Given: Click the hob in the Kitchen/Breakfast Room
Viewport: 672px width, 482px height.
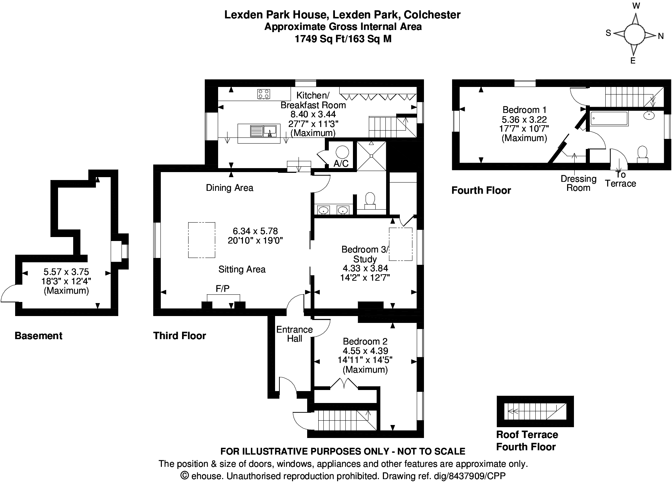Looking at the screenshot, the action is [x=264, y=94].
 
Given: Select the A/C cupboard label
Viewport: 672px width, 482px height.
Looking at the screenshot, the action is [x=341, y=163].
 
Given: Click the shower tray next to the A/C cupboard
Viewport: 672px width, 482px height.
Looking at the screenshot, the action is [x=371, y=156].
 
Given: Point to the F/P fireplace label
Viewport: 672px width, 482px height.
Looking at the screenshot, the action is [x=222, y=288].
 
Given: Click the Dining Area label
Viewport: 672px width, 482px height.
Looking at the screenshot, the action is [x=230, y=188].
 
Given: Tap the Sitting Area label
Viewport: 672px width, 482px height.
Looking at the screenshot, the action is [x=242, y=269].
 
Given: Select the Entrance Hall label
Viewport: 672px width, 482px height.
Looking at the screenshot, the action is [x=295, y=334].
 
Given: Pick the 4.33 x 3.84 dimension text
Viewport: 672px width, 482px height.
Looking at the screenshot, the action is [x=365, y=268].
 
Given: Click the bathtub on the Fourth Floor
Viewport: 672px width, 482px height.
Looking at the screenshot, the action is [x=609, y=118].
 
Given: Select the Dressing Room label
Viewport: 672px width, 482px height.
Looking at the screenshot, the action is [x=579, y=183].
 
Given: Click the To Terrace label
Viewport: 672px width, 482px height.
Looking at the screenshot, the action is [x=620, y=179].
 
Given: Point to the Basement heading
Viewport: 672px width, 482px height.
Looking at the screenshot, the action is [x=39, y=336].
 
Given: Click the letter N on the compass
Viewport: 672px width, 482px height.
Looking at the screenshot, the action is [x=661, y=36].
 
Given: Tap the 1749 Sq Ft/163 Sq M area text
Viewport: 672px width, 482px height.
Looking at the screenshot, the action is [x=343, y=39].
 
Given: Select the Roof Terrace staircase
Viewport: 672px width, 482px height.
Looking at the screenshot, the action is [x=535, y=412].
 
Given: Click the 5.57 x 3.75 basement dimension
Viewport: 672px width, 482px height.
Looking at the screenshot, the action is [x=66, y=272].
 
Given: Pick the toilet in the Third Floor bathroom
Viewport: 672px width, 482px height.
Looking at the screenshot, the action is [x=370, y=201].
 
